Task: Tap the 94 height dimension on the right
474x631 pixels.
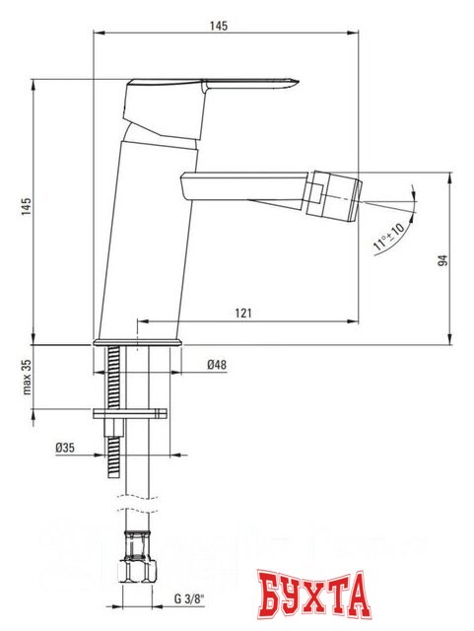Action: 444,259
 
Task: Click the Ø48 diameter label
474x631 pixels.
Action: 218,365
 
